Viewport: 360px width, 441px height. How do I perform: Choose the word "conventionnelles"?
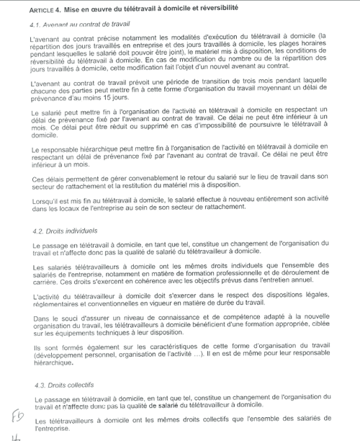pyautogui.click(x=117, y=305)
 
